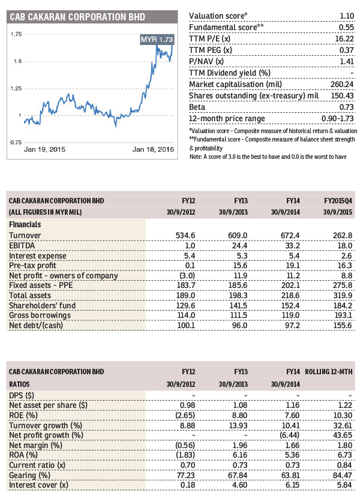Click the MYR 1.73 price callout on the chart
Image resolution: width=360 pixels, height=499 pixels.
[157, 40]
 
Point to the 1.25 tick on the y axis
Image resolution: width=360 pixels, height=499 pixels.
[16, 89]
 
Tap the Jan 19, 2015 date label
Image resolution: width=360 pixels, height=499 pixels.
[44, 149]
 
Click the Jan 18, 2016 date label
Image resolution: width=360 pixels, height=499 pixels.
[153, 149]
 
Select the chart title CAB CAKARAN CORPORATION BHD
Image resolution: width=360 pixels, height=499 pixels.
[77, 17]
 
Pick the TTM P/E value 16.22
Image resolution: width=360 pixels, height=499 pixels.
[344, 39]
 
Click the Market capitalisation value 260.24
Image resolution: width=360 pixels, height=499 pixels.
[342, 85]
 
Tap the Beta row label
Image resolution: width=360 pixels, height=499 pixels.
[197, 107]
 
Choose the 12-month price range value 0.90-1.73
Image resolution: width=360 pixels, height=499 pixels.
[337, 119]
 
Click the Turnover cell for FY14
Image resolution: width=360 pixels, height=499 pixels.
[290, 236]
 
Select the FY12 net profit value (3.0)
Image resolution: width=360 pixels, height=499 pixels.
[185, 276]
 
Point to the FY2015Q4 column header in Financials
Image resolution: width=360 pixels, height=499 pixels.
[338, 201]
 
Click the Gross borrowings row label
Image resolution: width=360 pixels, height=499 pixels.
[40, 315]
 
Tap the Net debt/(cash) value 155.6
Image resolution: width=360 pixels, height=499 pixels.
[343, 325]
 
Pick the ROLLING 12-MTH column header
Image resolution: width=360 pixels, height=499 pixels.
[328, 372]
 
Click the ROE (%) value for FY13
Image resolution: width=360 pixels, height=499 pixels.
[238, 415]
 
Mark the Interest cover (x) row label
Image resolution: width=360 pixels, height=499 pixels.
[38, 485]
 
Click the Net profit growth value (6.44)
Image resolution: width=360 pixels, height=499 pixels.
[290, 435]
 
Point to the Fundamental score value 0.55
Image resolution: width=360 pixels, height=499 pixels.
[346, 28]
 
